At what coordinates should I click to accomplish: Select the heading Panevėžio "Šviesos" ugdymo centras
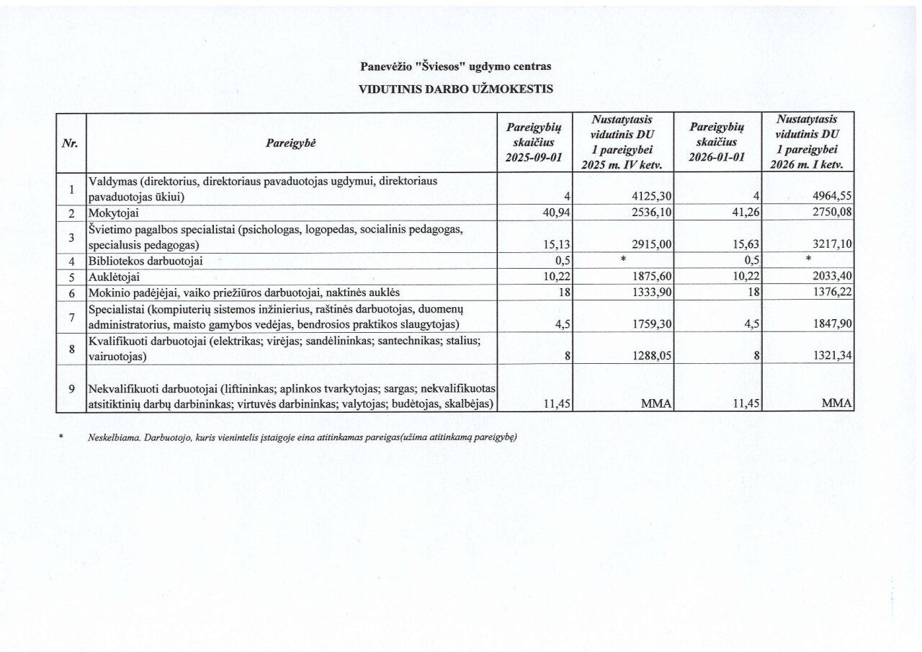(455, 66)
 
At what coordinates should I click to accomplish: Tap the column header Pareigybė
(291, 143)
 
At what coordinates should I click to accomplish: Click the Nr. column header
(71, 143)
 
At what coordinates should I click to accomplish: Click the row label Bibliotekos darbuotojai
(144, 262)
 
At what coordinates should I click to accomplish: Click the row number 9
(71, 389)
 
